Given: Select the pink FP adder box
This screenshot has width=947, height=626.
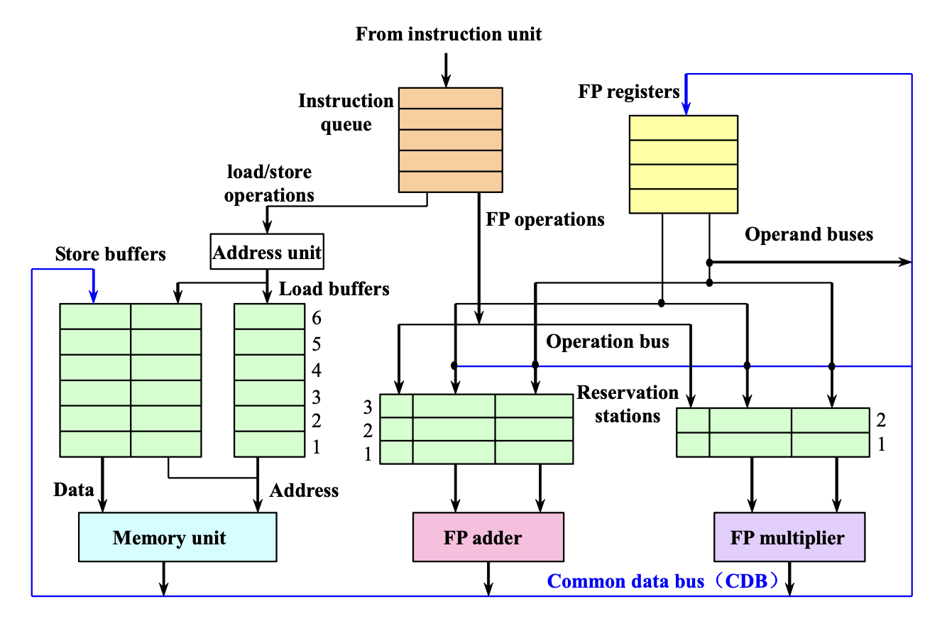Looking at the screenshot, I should pos(488,537).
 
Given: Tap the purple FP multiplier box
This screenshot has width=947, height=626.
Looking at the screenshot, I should pos(789,537).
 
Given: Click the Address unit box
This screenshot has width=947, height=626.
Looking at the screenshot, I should pos(267,253).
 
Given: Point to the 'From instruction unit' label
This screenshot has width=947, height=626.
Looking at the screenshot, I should pos(449,33).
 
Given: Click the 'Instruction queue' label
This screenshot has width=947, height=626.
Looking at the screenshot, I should pos(346,113).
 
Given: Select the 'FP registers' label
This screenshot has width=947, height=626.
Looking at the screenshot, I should pos(629,92).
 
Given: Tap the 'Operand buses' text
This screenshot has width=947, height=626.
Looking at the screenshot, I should pos(809,234).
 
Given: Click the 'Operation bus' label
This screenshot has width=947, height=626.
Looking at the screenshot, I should pos(607,341).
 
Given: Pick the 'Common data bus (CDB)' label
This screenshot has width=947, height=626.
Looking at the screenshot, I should pos(664,581).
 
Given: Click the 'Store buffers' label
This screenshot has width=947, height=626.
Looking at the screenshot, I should pos(110,254).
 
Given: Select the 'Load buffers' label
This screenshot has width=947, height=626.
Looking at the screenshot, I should pos(334,289).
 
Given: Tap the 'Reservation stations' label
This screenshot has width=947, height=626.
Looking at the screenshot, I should pos(628,404).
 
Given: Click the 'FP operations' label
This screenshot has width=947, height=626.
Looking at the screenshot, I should pos(544,219).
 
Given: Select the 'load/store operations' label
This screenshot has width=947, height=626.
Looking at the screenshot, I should pos(269,183).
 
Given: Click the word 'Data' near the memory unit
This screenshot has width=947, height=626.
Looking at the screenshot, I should pos(74,489).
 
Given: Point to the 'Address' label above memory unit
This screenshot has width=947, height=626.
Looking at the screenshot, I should pos(304,490).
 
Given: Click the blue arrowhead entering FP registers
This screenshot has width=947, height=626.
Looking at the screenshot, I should pos(685,109).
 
